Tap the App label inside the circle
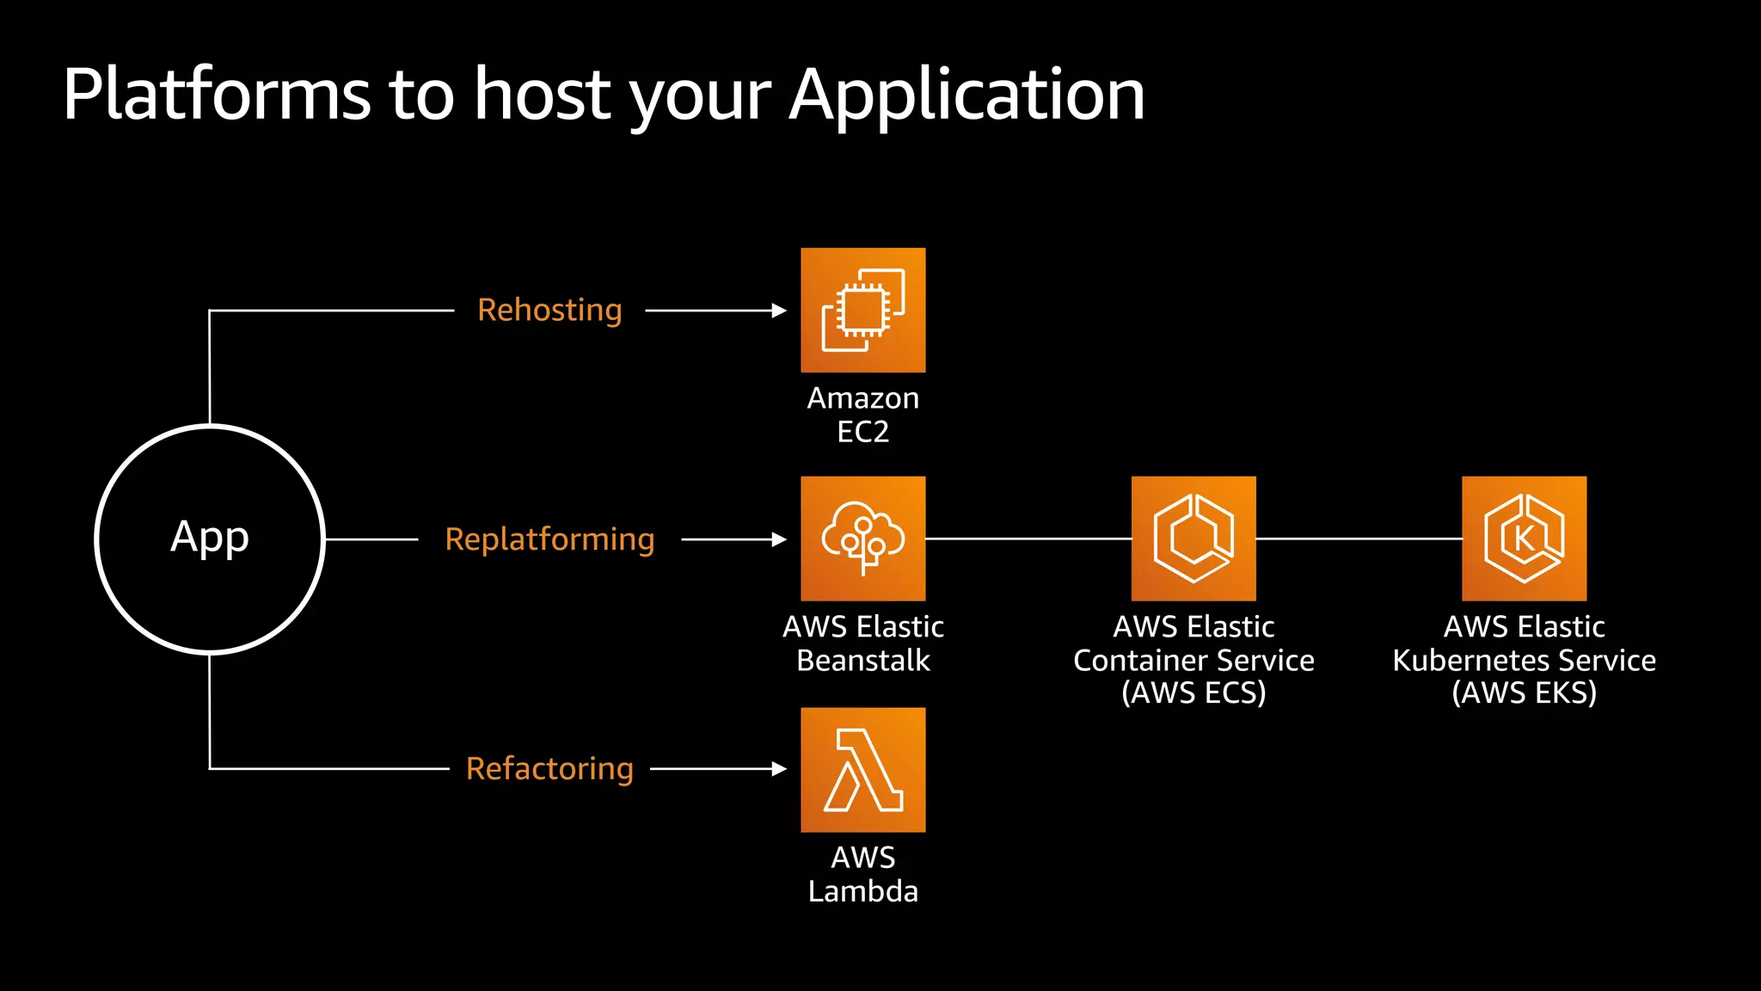210,538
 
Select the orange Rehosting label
549,310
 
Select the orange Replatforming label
549,539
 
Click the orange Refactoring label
549,768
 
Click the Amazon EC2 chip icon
862,310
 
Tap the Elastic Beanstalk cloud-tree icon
862,539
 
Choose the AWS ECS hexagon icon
1193,539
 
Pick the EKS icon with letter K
1524,539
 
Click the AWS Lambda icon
862,770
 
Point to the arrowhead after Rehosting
779,311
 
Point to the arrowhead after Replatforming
779,539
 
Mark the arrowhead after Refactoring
779,768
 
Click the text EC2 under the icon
862,432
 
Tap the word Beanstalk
862,661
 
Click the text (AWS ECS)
1193,692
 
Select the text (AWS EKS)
1524,692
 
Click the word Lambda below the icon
862,891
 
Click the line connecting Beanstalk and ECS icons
1028,539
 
